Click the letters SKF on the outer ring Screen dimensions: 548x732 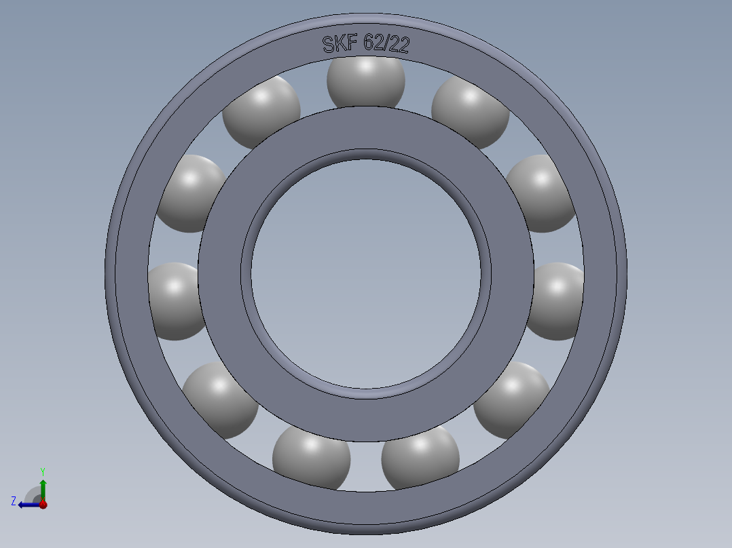[339, 45]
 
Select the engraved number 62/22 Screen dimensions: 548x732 [386, 44]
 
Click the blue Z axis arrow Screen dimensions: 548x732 [26, 504]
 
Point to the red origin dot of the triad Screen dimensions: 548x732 [43, 505]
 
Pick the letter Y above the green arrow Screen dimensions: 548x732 [42, 471]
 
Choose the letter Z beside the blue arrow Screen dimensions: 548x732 [14, 501]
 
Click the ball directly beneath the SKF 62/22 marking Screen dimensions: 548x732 [366, 80]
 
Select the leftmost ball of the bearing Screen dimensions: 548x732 [173, 300]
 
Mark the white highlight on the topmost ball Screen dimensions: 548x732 [367, 66]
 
